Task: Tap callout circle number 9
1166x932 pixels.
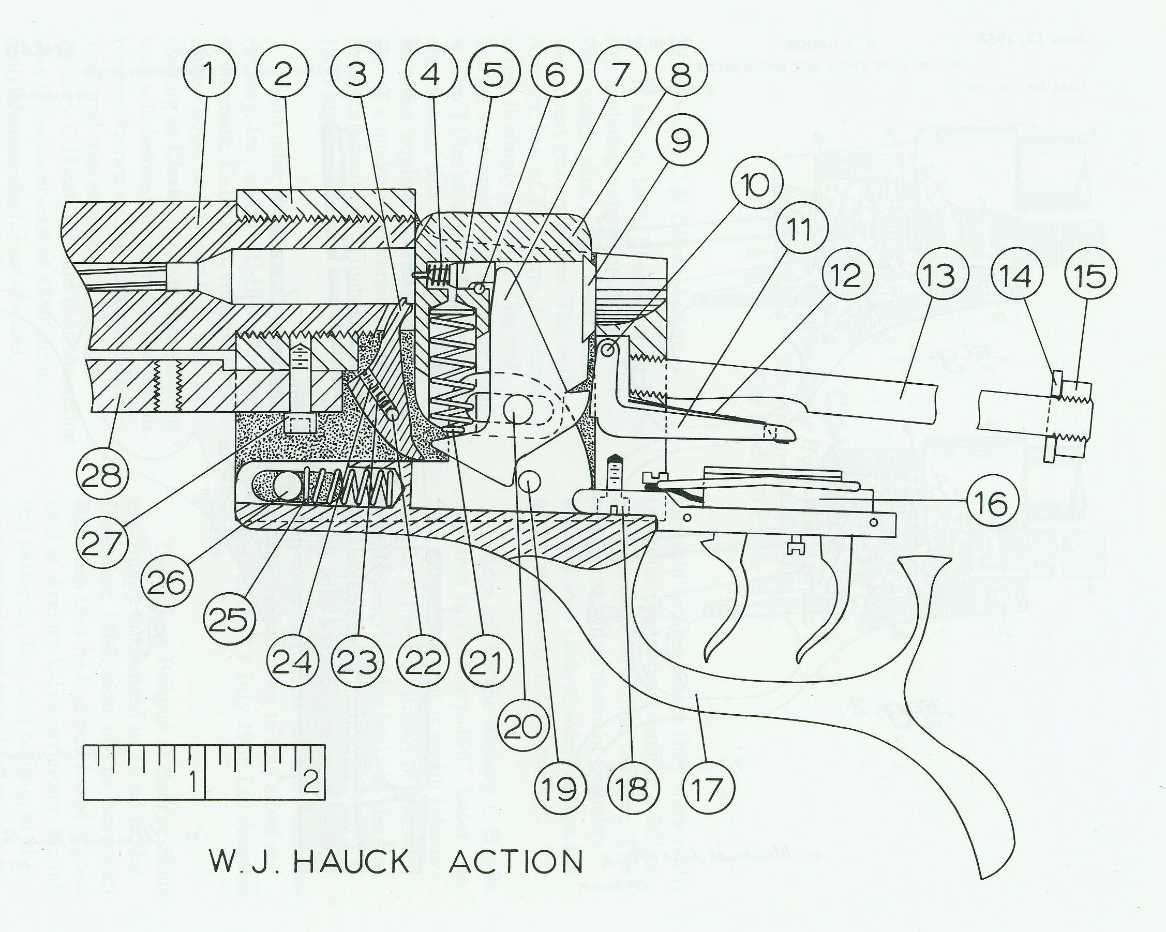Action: pyautogui.click(x=681, y=141)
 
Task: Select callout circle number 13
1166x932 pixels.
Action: pyautogui.click(x=941, y=275)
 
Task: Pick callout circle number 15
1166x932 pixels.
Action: pyautogui.click(x=1090, y=275)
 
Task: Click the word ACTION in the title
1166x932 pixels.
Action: pyautogui.click(x=516, y=862)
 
